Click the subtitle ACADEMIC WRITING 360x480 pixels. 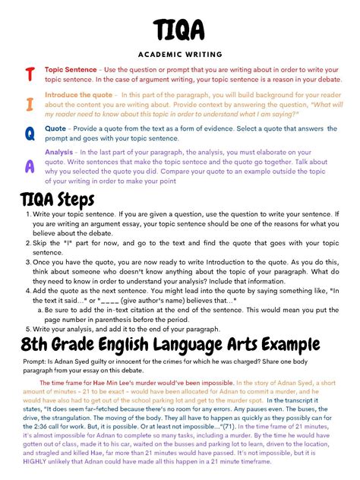(x=179, y=55)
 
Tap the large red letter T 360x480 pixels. (x=30, y=74)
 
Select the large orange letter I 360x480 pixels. (x=30, y=103)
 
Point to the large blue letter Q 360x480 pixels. (x=30, y=134)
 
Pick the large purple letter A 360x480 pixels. (x=30, y=165)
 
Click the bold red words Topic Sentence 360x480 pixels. (x=71, y=69)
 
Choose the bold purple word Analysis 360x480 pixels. (x=59, y=153)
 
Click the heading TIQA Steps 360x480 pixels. (x=57, y=200)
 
